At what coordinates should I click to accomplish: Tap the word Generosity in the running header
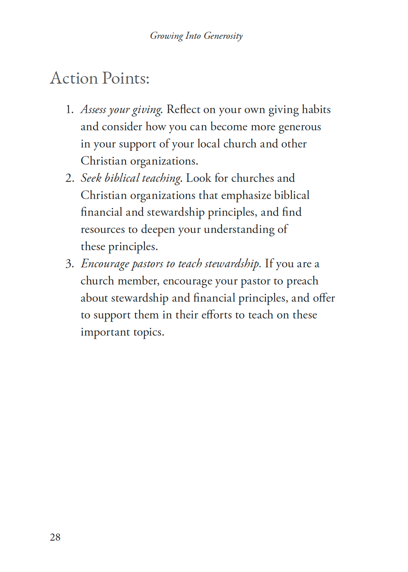tap(223, 36)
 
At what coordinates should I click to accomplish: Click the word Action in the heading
tap(74, 78)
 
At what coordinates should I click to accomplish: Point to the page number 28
tap(55, 537)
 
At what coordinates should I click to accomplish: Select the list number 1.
tap(69, 109)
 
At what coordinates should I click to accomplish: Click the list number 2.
tap(70, 178)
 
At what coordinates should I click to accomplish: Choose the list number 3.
tap(70, 264)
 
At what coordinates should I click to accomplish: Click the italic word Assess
tap(93, 109)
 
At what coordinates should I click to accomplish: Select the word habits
tap(316, 109)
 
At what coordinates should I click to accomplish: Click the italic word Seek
tap(91, 178)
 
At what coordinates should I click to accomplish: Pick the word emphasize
tap(246, 195)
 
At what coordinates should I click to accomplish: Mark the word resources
tap(103, 230)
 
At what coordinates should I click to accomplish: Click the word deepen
tap(157, 230)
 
